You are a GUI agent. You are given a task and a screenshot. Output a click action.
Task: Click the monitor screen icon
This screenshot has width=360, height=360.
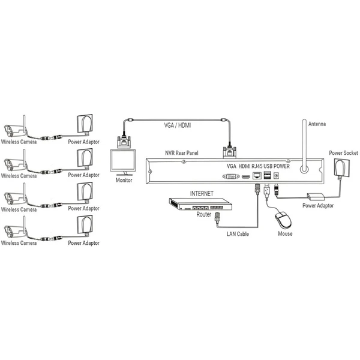pos(123,163)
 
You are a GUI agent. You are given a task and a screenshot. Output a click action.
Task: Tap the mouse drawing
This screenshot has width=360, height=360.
pos(284,220)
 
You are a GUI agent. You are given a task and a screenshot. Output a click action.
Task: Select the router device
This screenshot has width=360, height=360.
pos(200,204)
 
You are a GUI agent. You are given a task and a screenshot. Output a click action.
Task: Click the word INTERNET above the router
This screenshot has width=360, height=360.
pos(202,194)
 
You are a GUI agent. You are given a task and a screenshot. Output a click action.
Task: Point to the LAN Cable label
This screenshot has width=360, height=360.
pos(238,234)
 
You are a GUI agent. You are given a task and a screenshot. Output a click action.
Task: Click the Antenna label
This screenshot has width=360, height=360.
pos(317,124)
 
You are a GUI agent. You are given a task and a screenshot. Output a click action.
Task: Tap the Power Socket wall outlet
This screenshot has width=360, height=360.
pos(342,167)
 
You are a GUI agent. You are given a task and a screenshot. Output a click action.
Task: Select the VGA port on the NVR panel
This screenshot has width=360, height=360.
pos(231,176)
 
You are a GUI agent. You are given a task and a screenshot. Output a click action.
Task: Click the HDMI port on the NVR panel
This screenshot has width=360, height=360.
pos(246,176)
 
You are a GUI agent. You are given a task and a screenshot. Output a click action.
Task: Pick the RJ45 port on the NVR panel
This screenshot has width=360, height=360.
pos(257,176)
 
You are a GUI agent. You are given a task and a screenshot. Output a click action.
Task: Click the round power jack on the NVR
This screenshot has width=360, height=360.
pos(276,176)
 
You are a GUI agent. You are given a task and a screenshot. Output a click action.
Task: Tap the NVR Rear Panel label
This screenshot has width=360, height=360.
pos(182,153)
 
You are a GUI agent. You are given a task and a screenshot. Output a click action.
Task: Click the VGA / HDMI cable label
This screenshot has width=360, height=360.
pos(177,125)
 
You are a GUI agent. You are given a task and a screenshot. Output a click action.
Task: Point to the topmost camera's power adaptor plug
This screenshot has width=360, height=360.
pos(85,124)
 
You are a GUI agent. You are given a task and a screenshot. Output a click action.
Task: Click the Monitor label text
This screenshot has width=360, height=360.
pos(124,180)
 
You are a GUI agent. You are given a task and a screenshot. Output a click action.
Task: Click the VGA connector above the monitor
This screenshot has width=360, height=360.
pos(124,142)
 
